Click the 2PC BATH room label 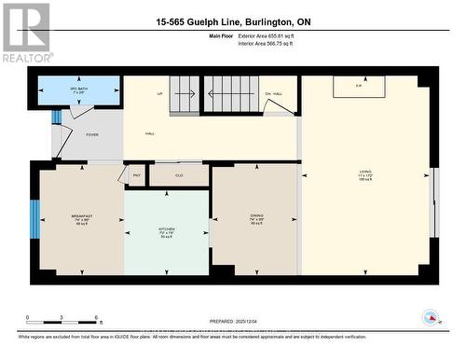(x=78, y=90)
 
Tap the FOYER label (x=92, y=134)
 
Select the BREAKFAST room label (x=82, y=217)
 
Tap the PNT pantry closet (x=136, y=174)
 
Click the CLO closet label (x=178, y=174)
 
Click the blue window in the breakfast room (x=35, y=218)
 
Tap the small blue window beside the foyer (x=56, y=117)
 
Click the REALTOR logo (x=25, y=33)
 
